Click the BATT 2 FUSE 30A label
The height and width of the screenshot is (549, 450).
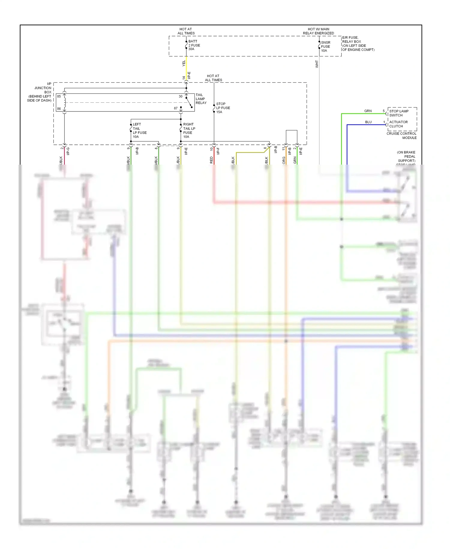(x=194, y=45)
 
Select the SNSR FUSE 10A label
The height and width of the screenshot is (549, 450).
(x=325, y=47)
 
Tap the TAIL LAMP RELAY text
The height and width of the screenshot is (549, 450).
(x=201, y=99)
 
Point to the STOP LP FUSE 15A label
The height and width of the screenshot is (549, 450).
(x=223, y=108)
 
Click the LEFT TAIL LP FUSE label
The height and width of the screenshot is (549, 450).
(x=139, y=130)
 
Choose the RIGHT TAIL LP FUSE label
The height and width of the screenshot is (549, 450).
(x=189, y=130)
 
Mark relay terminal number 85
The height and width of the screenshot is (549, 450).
(x=59, y=96)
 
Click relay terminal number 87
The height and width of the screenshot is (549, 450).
(x=176, y=108)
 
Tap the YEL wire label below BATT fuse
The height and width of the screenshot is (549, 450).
(x=184, y=63)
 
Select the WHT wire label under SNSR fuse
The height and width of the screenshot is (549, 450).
(x=317, y=64)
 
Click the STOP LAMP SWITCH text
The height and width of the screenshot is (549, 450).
(x=399, y=113)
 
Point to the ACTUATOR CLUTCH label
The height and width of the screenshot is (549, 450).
(x=398, y=124)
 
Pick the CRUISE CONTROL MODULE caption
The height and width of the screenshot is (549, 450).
(x=401, y=135)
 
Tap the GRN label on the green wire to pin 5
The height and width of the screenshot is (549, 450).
(x=368, y=111)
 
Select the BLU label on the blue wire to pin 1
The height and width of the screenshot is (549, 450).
(x=368, y=122)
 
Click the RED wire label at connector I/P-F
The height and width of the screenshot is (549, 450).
(x=211, y=160)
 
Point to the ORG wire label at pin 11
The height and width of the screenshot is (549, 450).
(x=284, y=160)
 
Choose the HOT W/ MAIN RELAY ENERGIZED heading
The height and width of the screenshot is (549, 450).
(x=318, y=31)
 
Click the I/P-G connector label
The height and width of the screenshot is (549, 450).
(x=68, y=151)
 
